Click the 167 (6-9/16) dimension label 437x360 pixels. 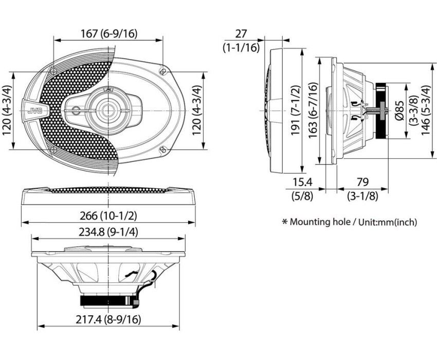point(109,33)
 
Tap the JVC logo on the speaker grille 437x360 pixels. point(35,111)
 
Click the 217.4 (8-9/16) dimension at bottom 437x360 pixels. point(108,319)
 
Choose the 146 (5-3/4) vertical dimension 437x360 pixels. point(426,111)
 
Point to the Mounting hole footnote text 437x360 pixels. point(350,222)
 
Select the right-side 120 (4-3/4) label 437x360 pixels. point(196,111)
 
